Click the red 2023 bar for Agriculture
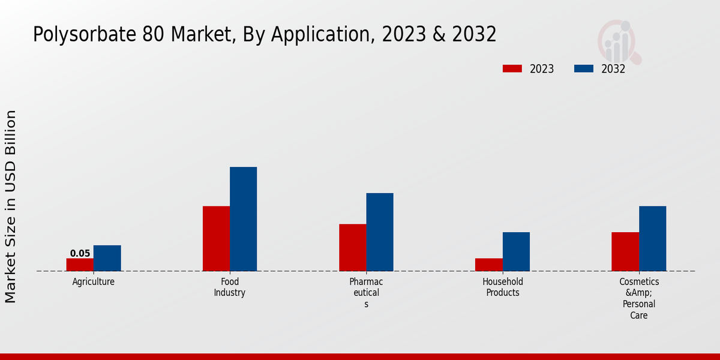tap(80, 265)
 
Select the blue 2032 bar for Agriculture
tap(107, 258)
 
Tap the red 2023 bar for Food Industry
tap(216, 238)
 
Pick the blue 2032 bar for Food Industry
tap(243, 219)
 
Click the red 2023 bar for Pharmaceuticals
tap(352, 247)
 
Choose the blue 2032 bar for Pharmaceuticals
tap(380, 232)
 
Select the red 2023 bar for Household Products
tap(488, 265)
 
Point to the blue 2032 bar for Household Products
tap(516, 251)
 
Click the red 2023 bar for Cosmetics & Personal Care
tap(625, 251)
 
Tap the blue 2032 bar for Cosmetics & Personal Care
tap(652, 238)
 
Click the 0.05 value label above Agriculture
tap(80, 253)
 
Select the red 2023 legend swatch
tap(512, 68)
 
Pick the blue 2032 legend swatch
tap(583, 68)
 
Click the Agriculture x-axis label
tap(93, 282)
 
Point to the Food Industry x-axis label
tap(229, 287)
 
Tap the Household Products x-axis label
tap(503, 287)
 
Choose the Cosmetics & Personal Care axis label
tap(639, 298)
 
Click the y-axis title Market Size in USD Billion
tap(11, 206)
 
